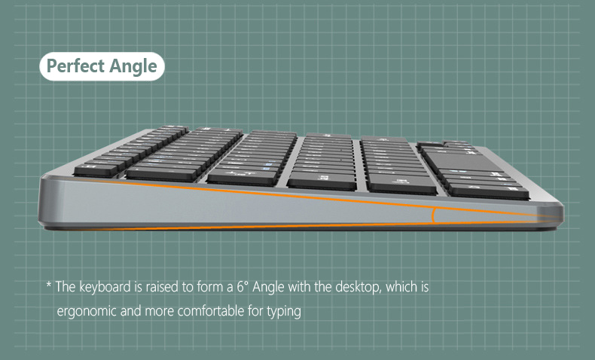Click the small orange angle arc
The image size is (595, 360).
click(x=432, y=215)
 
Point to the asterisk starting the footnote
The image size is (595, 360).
click(x=48, y=285)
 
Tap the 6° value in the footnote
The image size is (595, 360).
click(x=243, y=287)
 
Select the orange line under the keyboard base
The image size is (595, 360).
click(x=304, y=226)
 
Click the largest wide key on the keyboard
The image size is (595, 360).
click(x=463, y=162)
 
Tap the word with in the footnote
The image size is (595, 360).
click(x=300, y=287)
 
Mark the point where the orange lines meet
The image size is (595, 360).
click(x=560, y=219)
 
